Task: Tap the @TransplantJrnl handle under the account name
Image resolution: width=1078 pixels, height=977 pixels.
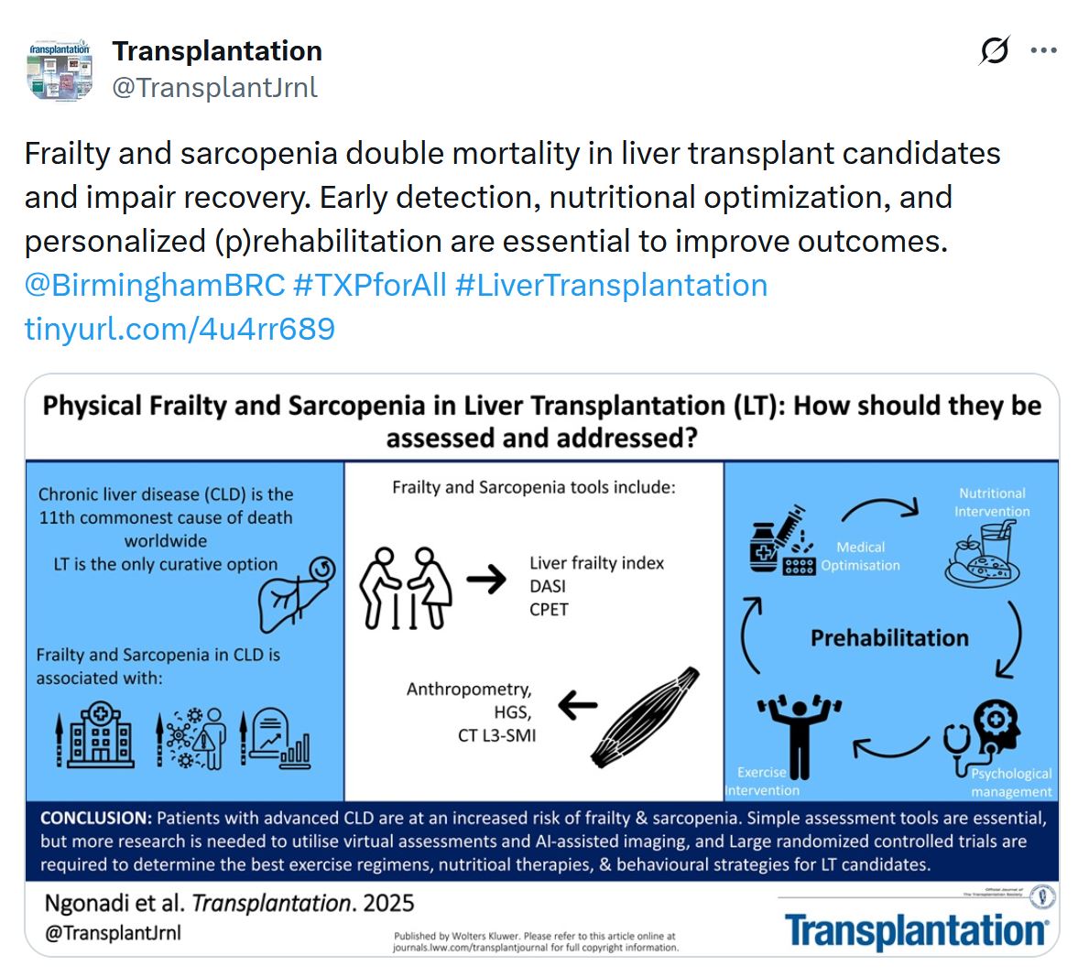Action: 214,87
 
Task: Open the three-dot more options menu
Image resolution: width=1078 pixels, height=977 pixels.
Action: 1043,51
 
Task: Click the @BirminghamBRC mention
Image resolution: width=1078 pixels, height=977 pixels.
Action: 155,285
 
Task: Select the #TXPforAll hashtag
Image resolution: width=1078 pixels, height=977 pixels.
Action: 369,285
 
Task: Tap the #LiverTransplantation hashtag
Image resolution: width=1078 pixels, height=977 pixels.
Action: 611,285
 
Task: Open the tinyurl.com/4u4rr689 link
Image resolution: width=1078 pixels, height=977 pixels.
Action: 180,329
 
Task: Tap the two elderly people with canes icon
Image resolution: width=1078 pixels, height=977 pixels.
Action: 406,588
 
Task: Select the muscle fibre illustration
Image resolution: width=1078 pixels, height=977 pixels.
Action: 645,717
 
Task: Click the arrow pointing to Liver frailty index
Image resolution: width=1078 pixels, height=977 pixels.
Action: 486,579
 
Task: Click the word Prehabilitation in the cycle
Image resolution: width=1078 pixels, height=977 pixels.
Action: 888,637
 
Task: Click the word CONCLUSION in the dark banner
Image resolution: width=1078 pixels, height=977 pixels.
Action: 96,818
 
